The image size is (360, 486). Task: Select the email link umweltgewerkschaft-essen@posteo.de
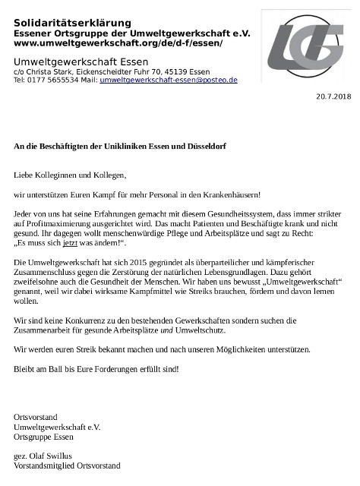tap(169, 79)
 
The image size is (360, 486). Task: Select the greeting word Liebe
tap(25, 175)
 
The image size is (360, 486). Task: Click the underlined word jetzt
tap(71, 245)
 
